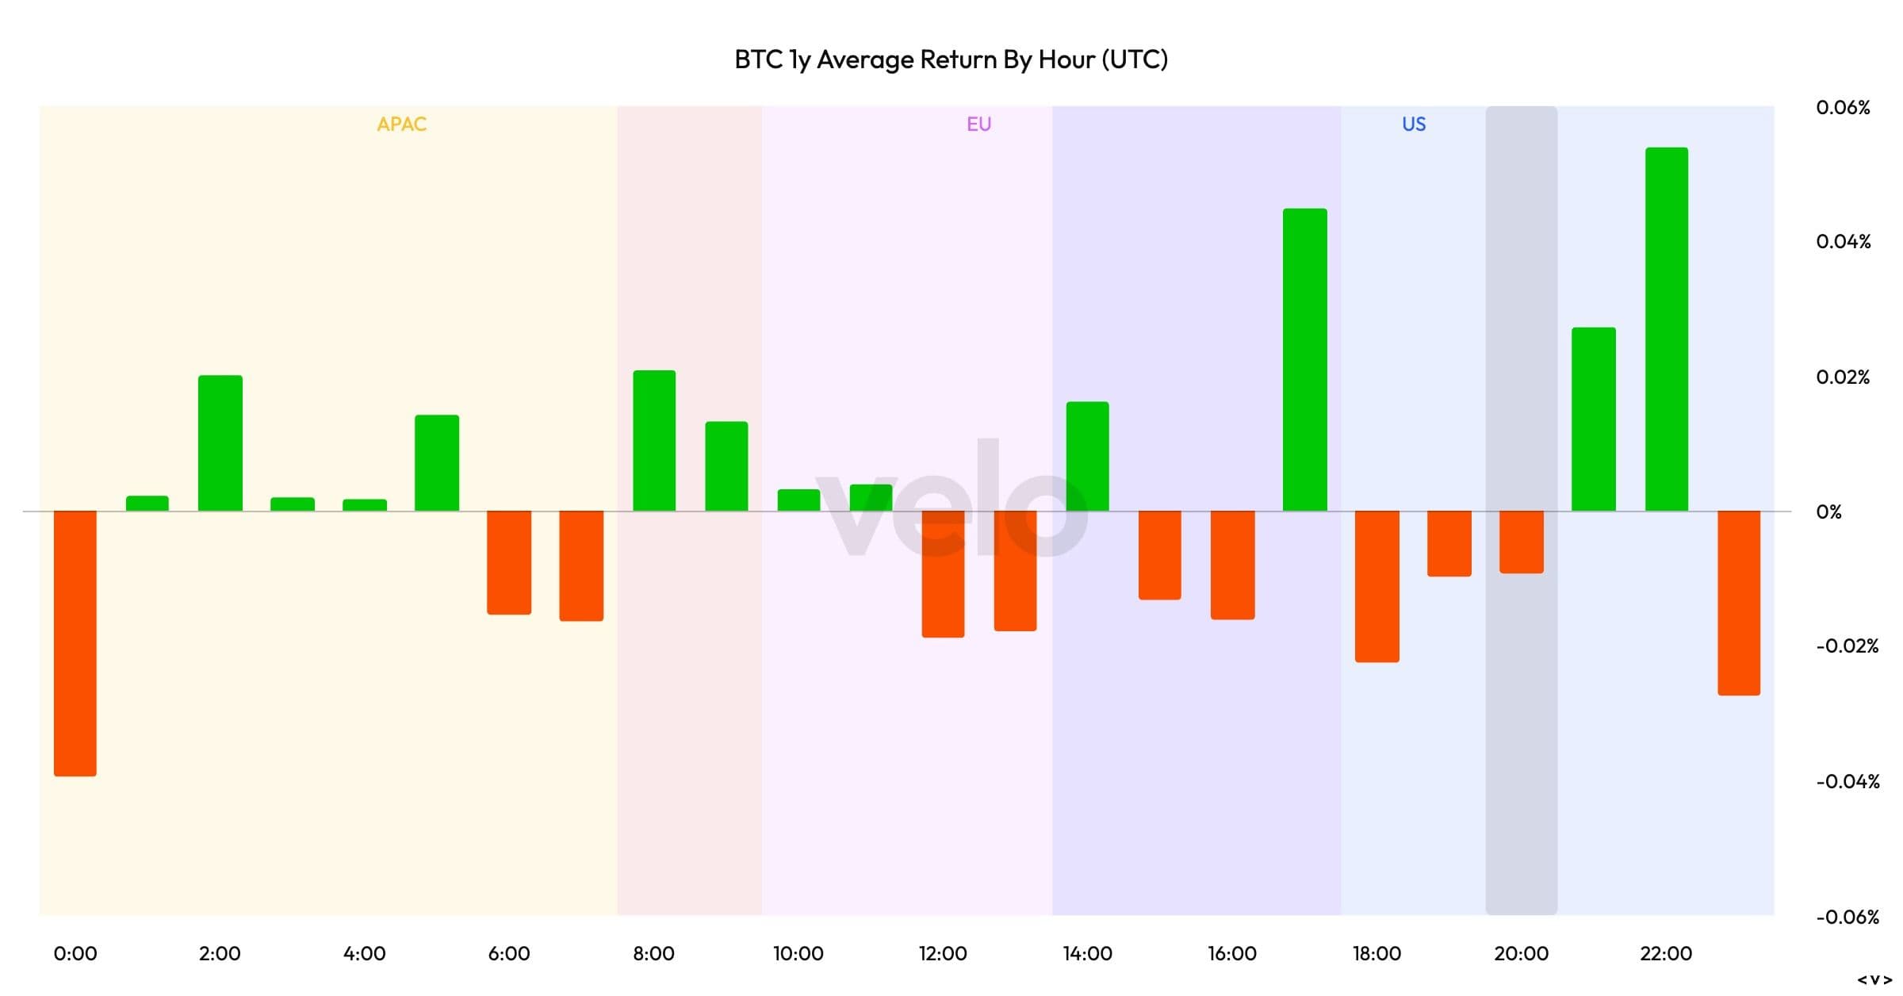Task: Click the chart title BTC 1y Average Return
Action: pos(951,59)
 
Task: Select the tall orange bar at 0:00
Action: pos(75,642)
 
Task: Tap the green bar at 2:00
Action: pos(220,443)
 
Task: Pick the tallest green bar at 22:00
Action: pos(1666,329)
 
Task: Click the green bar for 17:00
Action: pos(1304,360)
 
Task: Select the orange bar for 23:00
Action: pos(1739,603)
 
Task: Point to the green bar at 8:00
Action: pos(654,441)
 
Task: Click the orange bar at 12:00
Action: pos(943,573)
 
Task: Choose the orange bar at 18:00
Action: pos(1377,586)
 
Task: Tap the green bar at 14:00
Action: pos(1087,457)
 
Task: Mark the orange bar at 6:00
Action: pos(509,562)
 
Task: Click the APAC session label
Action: pos(402,125)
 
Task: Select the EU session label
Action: pos(979,125)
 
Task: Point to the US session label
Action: pos(1414,125)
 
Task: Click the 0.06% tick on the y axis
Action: pos(1843,107)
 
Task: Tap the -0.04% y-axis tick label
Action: pos(1847,782)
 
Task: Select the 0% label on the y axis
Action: pos(1829,511)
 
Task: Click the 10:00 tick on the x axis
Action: pos(798,953)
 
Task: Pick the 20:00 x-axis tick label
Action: pos(1521,953)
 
